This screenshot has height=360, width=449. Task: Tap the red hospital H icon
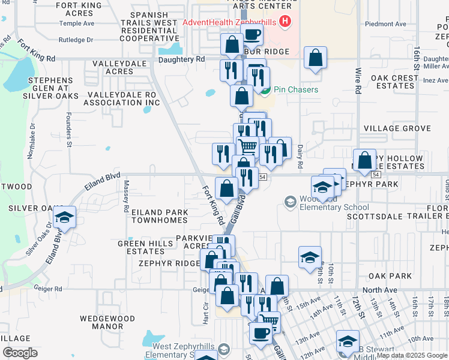tap(286, 23)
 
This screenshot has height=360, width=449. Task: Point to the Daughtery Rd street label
tap(182, 59)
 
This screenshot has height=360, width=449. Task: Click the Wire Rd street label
tap(358, 88)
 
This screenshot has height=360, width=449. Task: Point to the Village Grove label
tap(397, 128)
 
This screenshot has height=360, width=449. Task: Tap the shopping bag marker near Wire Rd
tap(364, 160)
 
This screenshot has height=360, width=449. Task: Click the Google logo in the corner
tap(20, 352)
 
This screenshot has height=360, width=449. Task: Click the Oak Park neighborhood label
tap(390, 276)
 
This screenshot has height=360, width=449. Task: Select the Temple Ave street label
tap(81, 23)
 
